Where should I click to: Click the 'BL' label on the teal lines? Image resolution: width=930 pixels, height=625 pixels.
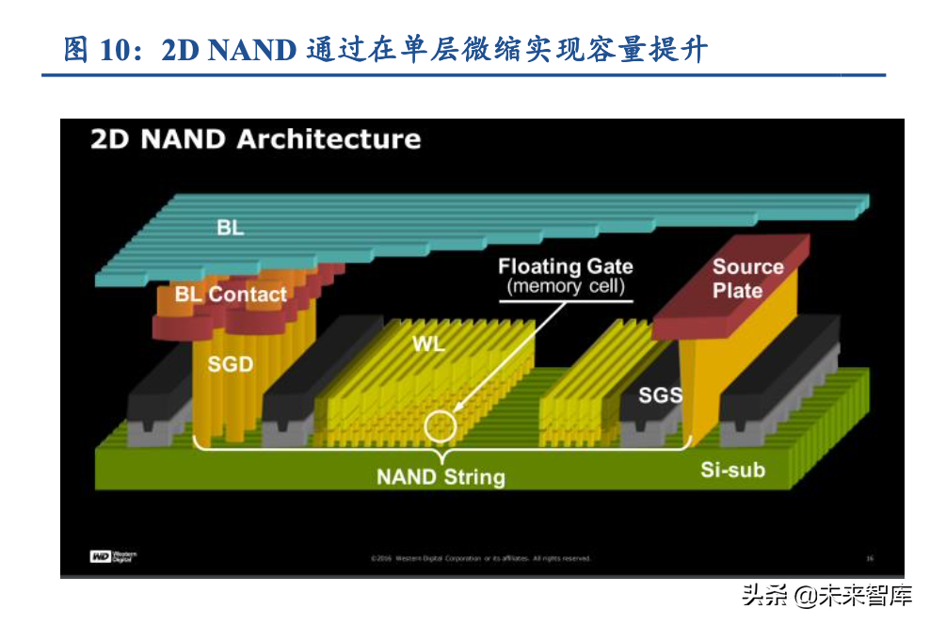pyautogui.click(x=230, y=228)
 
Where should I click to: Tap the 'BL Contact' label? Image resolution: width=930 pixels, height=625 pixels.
pyautogui.click(x=231, y=295)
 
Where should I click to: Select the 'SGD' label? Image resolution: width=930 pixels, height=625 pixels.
pyautogui.click(x=230, y=362)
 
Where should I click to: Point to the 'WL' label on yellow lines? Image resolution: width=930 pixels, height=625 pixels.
pyautogui.click(x=428, y=344)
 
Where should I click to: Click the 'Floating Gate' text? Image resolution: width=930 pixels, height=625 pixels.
pyautogui.click(x=565, y=266)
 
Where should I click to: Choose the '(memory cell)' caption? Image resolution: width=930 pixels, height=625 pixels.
pyautogui.click(x=565, y=287)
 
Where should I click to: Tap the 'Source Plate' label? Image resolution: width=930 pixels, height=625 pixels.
pyautogui.click(x=747, y=279)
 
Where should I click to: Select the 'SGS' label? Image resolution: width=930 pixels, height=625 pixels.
pyautogui.click(x=660, y=394)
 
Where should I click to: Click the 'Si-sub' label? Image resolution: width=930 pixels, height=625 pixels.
pyautogui.click(x=732, y=469)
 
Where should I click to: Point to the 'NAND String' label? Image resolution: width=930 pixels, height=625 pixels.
pyautogui.click(x=441, y=476)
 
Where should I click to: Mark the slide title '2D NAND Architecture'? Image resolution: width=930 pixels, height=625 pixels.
pyautogui.click(x=255, y=139)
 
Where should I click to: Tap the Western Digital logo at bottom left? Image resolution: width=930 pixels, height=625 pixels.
pyautogui.click(x=113, y=557)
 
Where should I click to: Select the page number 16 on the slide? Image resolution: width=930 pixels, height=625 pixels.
pyautogui.click(x=869, y=558)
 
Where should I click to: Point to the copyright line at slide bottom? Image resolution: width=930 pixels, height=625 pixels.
pyautogui.click(x=480, y=558)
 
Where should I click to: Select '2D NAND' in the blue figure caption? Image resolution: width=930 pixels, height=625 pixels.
pyautogui.click(x=229, y=49)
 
